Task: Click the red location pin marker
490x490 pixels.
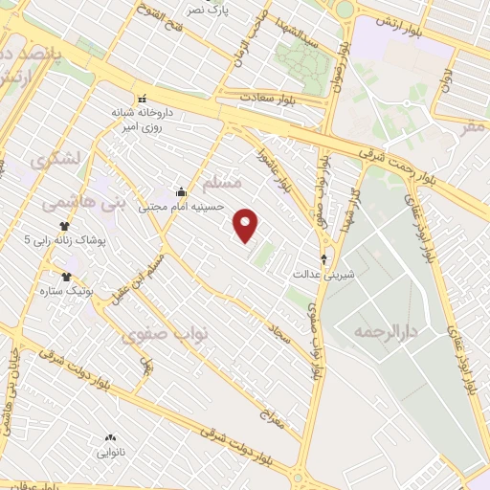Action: pos(247,225)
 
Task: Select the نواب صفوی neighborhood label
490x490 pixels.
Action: pos(157,334)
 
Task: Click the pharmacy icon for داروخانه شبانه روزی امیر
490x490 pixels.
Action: pos(143,98)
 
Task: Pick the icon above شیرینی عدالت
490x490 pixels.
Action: pos(323,258)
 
